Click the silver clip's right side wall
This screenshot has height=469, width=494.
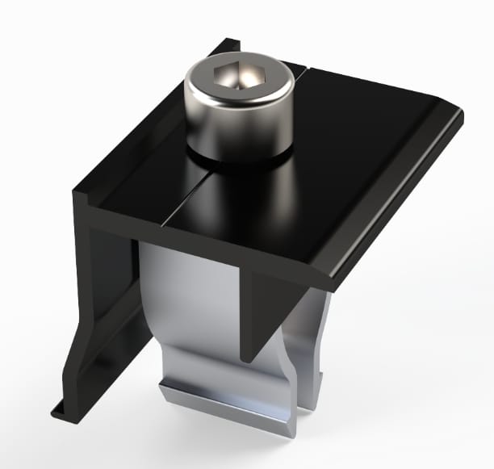[x=311, y=339]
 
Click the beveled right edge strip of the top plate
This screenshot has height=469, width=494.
[x=396, y=202]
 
